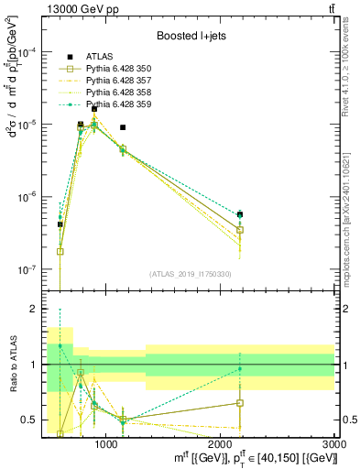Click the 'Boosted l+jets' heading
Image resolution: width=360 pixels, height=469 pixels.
pos(189,37)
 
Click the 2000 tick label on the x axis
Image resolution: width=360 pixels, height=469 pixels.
pos(221,444)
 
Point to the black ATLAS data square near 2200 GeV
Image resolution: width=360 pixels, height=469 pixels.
pos(240,214)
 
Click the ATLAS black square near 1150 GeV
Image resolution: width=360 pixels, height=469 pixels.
pos(123,127)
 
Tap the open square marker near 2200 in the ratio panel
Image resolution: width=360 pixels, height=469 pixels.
pos(240,403)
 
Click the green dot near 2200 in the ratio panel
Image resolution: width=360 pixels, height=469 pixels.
pos(240,369)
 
